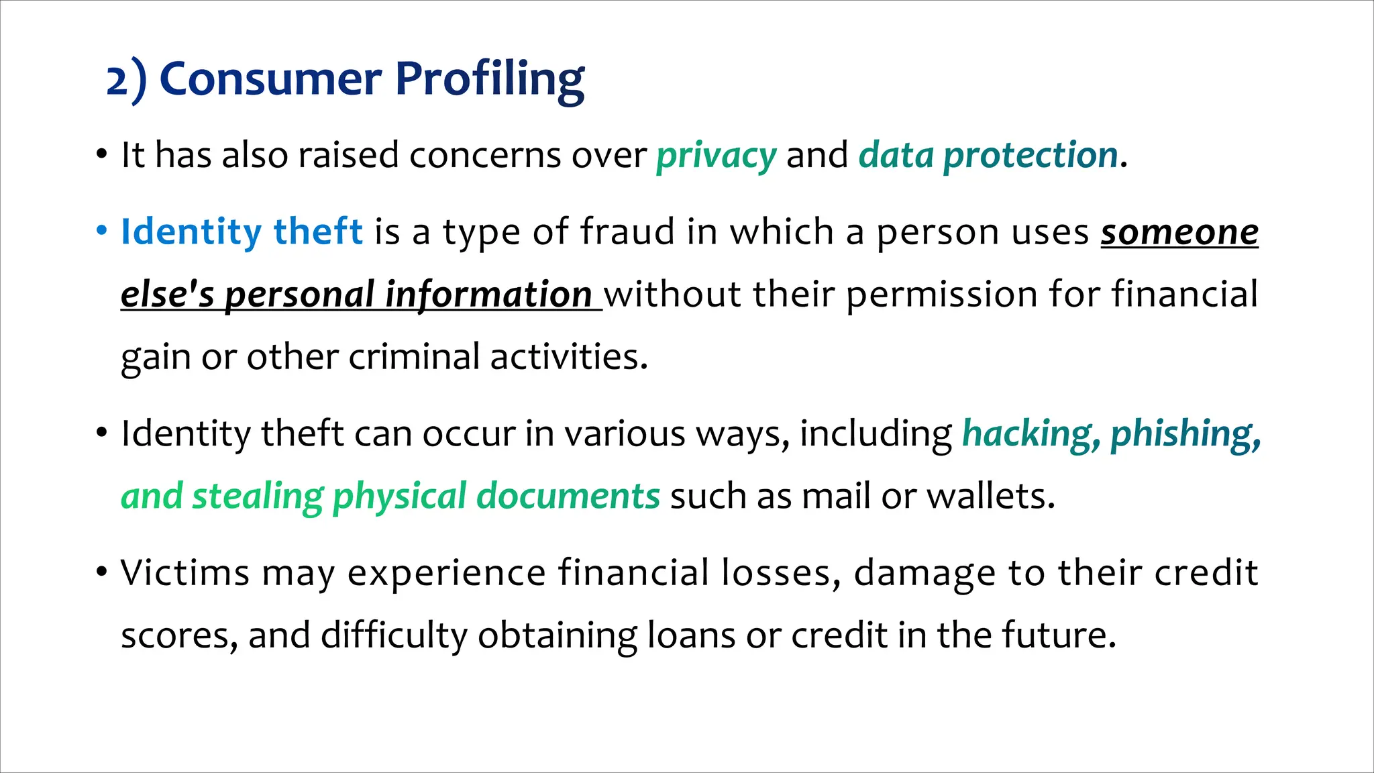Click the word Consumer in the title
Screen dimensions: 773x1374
coord(271,79)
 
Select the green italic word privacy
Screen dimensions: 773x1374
coord(716,156)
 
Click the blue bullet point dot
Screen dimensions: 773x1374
coord(101,231)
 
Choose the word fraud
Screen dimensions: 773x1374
coord(627,231)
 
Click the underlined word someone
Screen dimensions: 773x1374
coord(1179,233)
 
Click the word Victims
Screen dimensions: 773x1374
coord(184,573)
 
